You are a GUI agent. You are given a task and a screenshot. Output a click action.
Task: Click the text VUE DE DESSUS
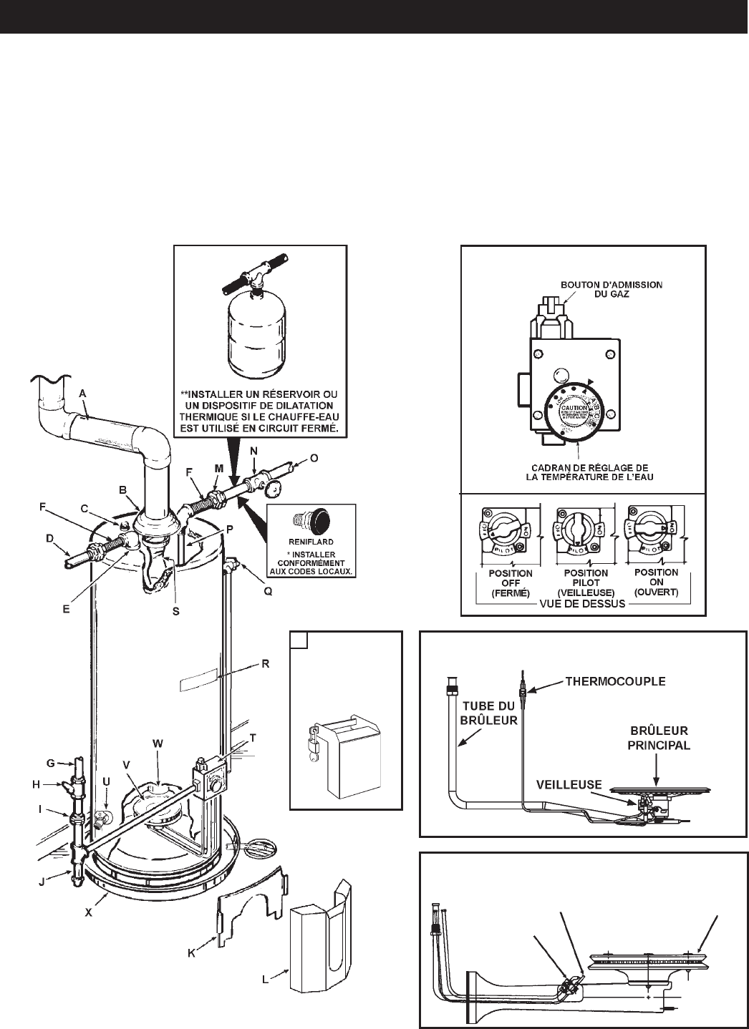tap(583, 603)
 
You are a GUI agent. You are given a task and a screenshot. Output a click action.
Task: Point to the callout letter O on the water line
tap(312, 457)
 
